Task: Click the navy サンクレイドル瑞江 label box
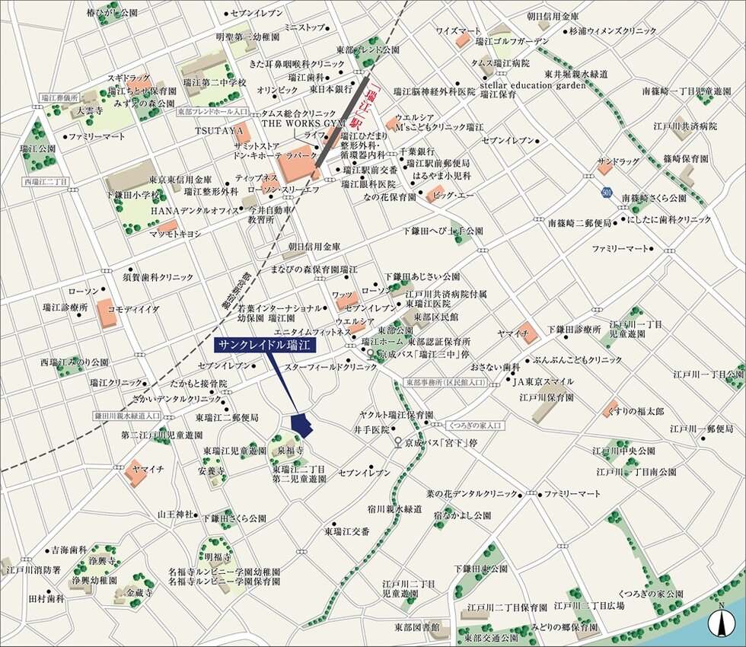click(263, 345)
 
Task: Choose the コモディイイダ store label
click(133, 308)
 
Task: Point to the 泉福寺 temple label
click(290, 451)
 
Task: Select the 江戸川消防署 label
click(28, 569)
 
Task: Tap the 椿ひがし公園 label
click(112, 13)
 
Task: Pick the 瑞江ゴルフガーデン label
click(512, 41)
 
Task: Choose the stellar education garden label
click(533, 85)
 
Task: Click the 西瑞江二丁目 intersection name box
click(46, 181)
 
